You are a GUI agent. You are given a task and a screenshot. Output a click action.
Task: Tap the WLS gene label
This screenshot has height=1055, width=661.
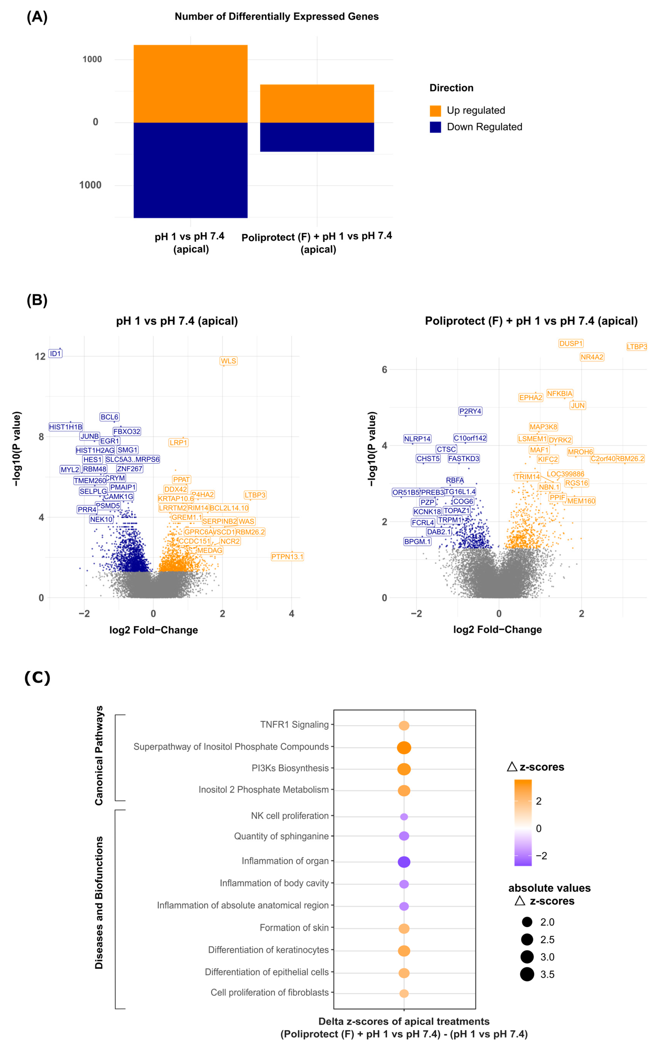coord(228,361)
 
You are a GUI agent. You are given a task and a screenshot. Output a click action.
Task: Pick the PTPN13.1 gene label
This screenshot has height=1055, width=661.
coord(287,556)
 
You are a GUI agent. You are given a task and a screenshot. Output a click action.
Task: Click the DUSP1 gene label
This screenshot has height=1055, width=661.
coord(571,343)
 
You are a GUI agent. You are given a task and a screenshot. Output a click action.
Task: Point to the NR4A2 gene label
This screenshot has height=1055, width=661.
coord(592,357)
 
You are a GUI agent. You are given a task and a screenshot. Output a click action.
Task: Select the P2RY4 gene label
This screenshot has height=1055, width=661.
coord(470,411)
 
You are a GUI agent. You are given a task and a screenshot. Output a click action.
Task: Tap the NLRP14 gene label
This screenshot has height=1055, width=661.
coord(417,439)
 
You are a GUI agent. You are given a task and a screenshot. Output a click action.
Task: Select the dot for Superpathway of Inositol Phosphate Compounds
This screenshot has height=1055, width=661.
coord(404,747)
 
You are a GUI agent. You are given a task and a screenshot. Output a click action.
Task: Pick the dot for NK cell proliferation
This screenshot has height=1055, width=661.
coord(404,817)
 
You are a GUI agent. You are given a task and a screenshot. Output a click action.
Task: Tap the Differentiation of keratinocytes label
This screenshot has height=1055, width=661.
coord(268,950)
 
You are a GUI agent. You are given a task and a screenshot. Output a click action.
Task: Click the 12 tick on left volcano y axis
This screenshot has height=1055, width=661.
coord(40,357)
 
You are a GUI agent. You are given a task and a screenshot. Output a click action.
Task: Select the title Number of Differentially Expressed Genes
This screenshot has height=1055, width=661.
coord(277,17)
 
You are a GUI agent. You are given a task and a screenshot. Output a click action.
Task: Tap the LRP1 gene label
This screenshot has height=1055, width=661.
coord(178,442)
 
